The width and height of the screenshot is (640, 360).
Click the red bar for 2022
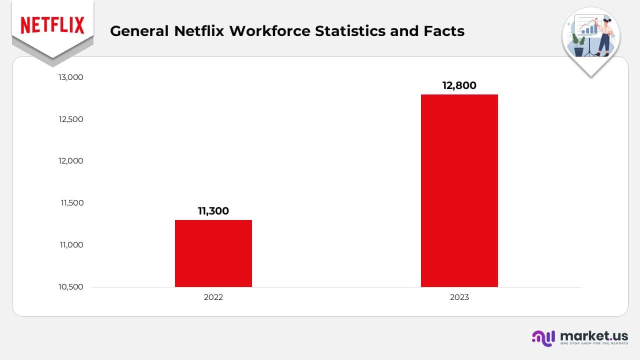tap(213, 253)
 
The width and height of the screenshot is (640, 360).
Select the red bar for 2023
tap(459, 190)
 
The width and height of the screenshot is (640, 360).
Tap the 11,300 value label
tap(213, 211)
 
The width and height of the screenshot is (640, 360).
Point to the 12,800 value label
tap(459, 85)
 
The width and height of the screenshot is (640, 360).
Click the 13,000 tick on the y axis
tap(70, 77)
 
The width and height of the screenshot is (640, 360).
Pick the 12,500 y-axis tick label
tap(70, 119)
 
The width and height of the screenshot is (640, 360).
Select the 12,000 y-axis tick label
tap(70, 161)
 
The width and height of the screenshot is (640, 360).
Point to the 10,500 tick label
tap(70, 287)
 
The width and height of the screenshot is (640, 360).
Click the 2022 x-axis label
tap(213, 297)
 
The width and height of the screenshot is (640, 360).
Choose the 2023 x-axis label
tap(459, 297)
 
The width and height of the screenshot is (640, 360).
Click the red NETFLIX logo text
tap(52, 25)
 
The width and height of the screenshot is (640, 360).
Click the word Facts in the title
tap(445, 31)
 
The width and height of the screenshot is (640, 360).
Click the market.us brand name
tap(594, 335)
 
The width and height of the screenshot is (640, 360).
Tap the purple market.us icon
tap(543, 337)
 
